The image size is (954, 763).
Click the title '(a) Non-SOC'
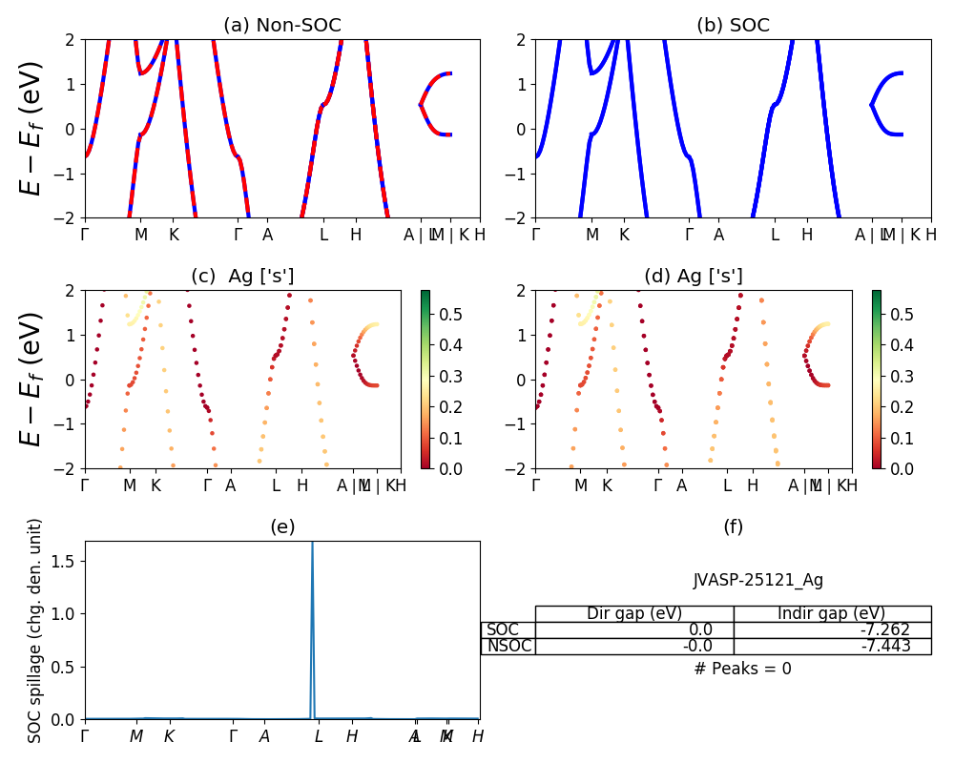[281, 26]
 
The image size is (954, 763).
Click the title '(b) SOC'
[733, 26]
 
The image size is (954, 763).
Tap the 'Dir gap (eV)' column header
[634, 613]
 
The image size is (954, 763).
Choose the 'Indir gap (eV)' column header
[832, 613]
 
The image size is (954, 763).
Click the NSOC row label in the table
[508, 646]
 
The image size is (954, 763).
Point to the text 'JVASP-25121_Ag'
[758, 580]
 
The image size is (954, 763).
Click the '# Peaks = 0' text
[743, 669]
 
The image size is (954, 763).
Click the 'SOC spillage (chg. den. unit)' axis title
[35, 630]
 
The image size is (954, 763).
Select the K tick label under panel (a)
[174, 235]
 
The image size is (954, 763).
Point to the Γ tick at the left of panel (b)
[536, 235]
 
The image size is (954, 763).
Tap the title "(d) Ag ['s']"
[694, 277]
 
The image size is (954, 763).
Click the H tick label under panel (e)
[352, 736]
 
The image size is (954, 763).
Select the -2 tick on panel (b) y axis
[516, 218]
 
